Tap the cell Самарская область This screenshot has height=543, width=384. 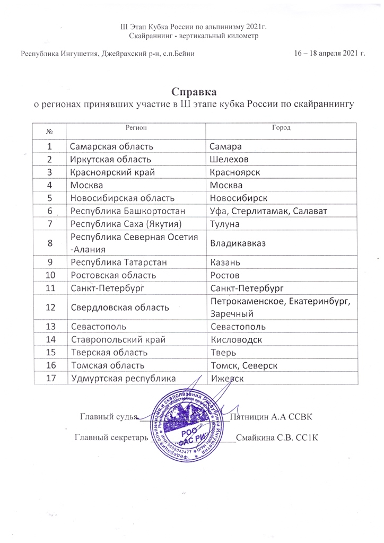112,145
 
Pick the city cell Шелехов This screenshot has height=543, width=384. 229,159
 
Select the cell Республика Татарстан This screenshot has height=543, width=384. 113,263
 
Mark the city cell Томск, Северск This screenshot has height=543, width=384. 243,365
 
